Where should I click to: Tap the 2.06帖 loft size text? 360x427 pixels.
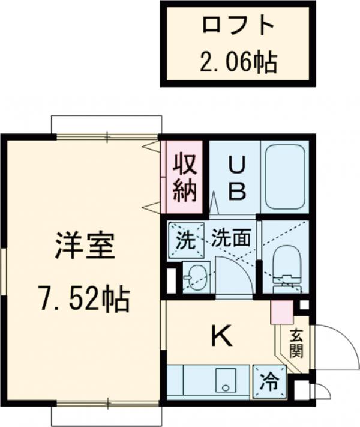point(238,61)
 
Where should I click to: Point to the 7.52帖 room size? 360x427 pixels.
point(84,298)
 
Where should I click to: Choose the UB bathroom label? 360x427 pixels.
point(235,178)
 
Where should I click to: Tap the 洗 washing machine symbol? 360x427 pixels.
point(185,241)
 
